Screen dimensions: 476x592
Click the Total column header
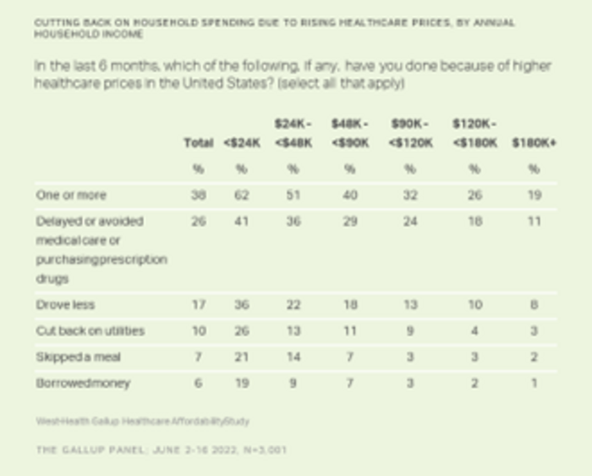pyautogui.click(x=199, y=143)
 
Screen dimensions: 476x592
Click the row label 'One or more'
pyautogui.click(x=71, y=195)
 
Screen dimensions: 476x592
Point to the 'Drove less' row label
pyautogui.click(x=64, y=304)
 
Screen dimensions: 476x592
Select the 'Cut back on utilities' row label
pyautogui.click(x=90, y=330)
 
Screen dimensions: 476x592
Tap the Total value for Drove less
pyautogui.click(x=199, y=304)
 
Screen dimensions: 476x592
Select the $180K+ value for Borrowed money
pyautogui.click(x=534, y=383)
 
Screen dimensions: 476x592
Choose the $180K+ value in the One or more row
pyautogui.click(x=534, y=195)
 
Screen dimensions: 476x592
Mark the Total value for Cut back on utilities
pyautogui.click(x=199, y=330)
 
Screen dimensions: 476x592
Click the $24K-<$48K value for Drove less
pyautogui.click(x=293, y=304)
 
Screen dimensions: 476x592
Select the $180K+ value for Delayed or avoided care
pyautogui.click(x=534, y=221)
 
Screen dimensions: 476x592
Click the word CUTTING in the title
pyautogui.click(x=57, y=21)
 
